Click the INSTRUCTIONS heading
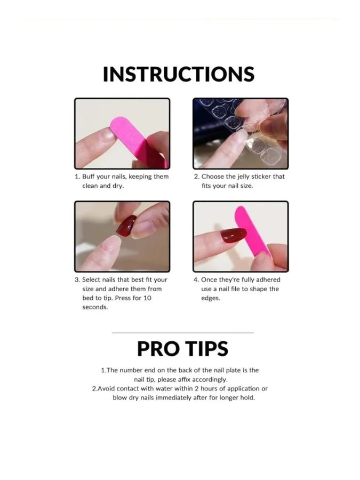point(179,74)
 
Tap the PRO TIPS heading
point(182,348)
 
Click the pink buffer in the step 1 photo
point(139,141)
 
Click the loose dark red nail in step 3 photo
point(126,225)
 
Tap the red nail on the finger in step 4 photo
point(234,235)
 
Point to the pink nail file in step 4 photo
point(251,231)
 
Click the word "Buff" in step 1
point(89,177)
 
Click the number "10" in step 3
point(147,298)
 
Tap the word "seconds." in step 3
point(95,307)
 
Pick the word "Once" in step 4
point(209,280)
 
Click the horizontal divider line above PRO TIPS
point(182,332)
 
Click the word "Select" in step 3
point(91,280)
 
